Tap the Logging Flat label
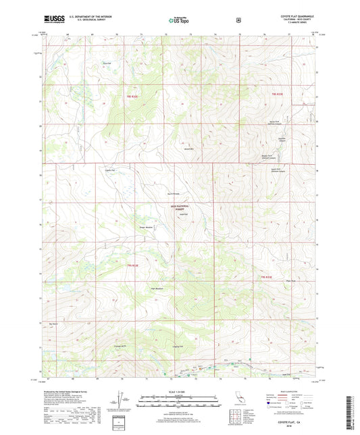pyautogui.click(x=174, y=347)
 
